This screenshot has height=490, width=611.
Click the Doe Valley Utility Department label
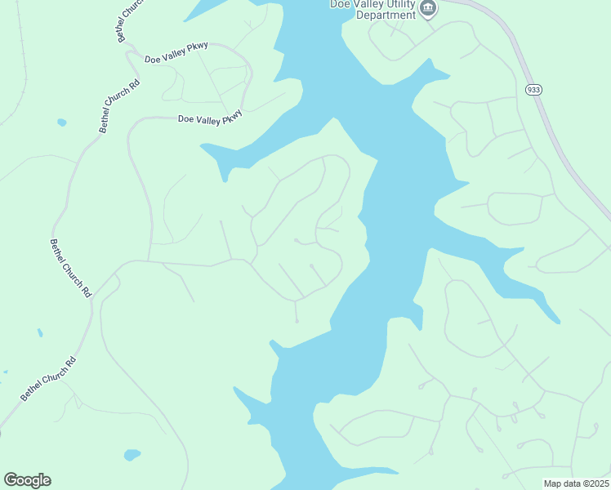point(372,9)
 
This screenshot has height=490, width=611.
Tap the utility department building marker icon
point(428,9)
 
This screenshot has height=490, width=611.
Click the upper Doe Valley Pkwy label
point(176,53)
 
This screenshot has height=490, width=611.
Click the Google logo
point(27,480)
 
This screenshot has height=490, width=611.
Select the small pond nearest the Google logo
point(132,454)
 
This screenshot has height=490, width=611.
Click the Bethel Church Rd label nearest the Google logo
point(48,378)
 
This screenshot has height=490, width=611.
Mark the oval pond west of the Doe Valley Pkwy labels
point(62,122)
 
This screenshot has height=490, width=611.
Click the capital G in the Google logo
point(11,480)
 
